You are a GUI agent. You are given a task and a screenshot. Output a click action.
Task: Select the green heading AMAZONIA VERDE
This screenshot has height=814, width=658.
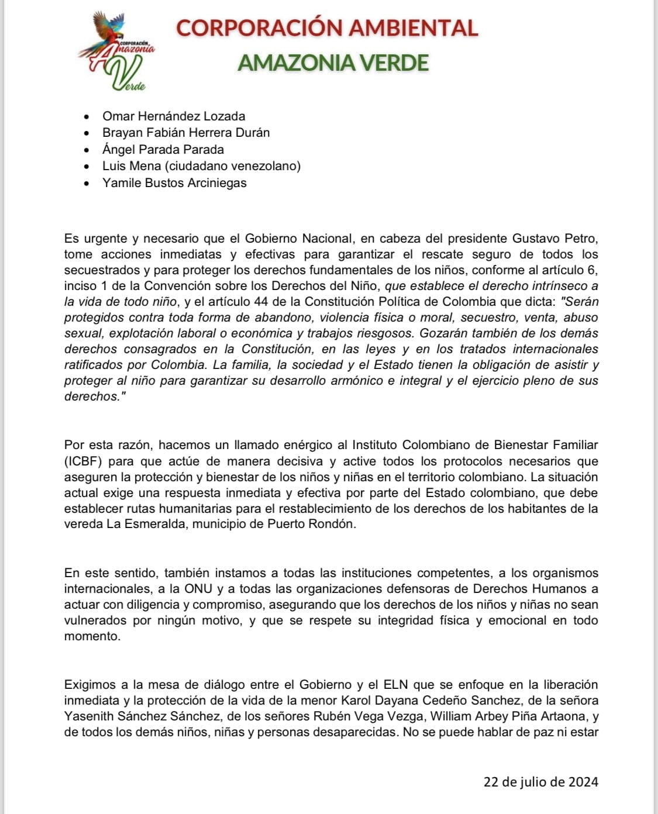[x=333, y=63]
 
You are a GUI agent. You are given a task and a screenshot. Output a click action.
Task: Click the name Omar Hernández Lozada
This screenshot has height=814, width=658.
[x=174, y=116]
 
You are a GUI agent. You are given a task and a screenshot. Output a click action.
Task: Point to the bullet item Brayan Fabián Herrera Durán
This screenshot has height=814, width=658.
[x=186, y=133]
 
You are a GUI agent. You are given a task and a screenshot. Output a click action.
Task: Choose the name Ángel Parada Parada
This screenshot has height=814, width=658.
[x=163, y=149]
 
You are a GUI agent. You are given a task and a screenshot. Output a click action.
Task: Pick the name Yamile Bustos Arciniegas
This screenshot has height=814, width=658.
[x=174, y=182]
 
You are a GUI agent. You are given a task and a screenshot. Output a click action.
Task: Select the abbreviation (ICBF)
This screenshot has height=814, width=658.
[x=83, y=461]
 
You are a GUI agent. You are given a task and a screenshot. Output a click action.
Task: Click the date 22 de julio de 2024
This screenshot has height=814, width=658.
[x=540, y=782]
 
